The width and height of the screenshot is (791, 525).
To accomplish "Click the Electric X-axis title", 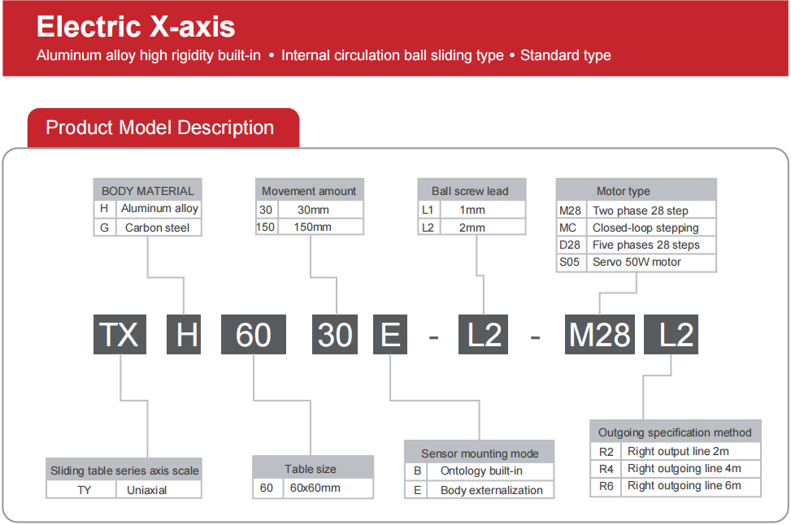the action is coord(136,26).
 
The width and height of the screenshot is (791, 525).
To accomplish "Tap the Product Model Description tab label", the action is coord(159,128).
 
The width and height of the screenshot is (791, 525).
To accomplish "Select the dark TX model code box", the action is coord(120,334).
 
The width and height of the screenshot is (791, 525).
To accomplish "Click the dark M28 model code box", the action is coord(599,334).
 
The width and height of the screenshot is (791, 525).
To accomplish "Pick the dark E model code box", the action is coord(390,334).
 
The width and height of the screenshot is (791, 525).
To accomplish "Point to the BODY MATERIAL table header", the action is coord(147,190).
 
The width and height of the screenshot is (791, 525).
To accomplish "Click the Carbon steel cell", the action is coord(158,228).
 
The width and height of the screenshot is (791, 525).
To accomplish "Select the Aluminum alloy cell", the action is coord(159,209).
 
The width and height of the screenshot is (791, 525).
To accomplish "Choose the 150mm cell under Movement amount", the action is coord(313,227).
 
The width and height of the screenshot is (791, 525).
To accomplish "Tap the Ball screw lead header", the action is coord(470,191).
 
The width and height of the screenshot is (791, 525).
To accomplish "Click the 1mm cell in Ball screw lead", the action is coord(472,210).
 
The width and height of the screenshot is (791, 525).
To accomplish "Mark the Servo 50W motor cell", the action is coord(637,262).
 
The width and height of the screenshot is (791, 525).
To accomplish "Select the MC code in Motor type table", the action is coord(568,228).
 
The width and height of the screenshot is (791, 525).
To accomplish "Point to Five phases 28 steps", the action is coord(646,245).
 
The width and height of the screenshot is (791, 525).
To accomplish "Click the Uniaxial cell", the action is coord(147,490).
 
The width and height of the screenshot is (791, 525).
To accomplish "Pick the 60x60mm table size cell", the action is coord(315,488).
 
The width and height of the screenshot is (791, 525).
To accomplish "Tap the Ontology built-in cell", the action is coord(481,471).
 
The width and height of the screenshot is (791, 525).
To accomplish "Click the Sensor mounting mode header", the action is coord(480,453).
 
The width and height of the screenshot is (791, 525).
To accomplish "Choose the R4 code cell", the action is coord(606,468).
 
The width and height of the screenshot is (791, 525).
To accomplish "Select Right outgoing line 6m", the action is coord(685,486).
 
